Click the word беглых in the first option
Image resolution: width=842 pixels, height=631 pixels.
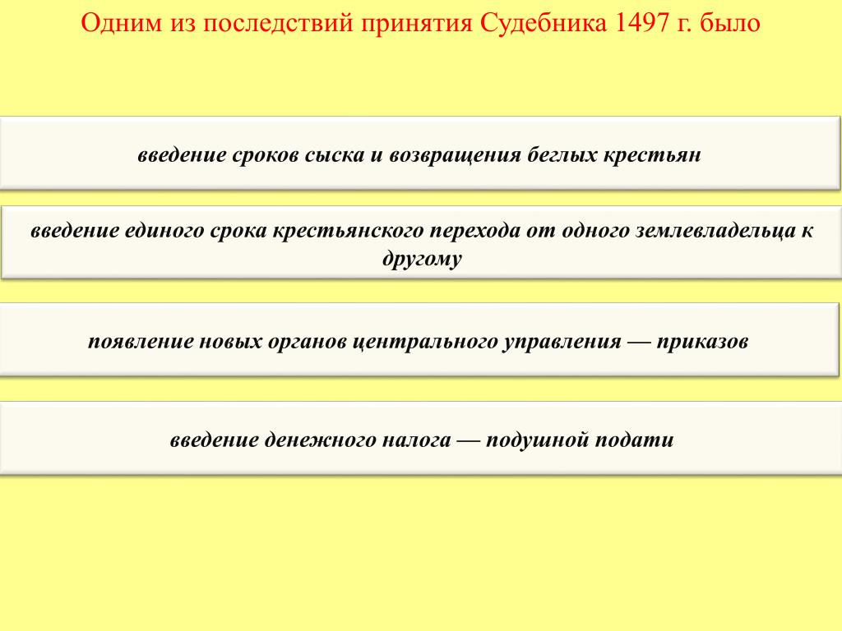pyautogui.click(x=561, y=154)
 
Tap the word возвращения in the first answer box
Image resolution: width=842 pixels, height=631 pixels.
pyautogui.click(x=455, y=155)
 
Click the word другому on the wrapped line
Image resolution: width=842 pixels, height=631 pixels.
pyautogui.click(x=422, y=259)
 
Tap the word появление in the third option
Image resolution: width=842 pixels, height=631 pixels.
pyautogui.click(x=140, y=341)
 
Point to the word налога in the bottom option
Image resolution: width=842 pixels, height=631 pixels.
pyautogui.click(x=416, y=440)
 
